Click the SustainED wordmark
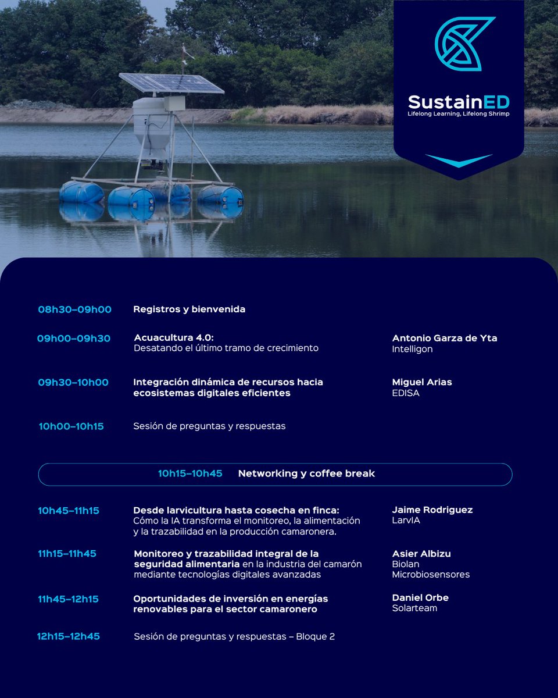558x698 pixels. [459, 102]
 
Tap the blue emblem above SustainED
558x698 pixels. [464, 44]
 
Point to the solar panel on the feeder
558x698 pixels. [171, 83]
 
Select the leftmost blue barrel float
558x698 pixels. [81, 193]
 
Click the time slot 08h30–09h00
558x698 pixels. [74, 309]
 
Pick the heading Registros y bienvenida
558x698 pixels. [189, 309]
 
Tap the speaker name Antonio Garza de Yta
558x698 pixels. [445, 338]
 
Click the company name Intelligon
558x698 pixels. [412, 349]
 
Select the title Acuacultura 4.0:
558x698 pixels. [170, 338]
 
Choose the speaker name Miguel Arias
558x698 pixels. [421, 382]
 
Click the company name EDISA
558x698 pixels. [406, 393]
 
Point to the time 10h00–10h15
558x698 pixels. [71, 426]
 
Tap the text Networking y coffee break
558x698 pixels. [306, 473]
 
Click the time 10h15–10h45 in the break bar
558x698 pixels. [190, 473]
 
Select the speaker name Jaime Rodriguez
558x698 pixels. [432, 510]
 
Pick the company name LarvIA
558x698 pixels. [406, 521]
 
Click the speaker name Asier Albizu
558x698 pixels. [421, 554]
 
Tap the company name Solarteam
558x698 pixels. [414, 608]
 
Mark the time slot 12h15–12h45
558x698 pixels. [69, 636]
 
